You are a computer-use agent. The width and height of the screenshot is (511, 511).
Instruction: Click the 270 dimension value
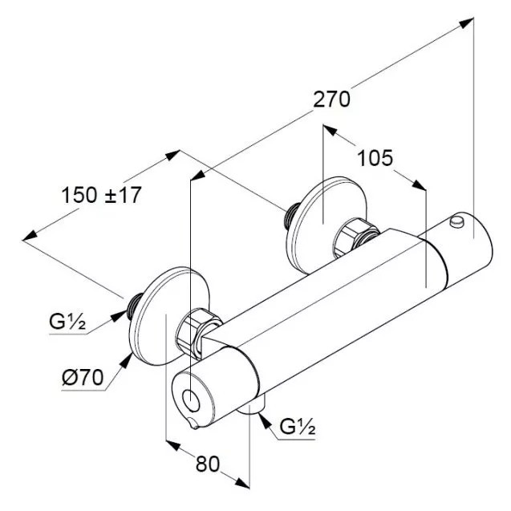tap(331, 99)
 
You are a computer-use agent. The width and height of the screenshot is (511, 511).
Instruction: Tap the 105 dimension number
tap(375, 158)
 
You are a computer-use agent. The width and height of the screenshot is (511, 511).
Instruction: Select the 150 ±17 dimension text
tap(101, 195)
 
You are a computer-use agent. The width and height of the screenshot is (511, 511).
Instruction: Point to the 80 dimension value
tap(208, 464)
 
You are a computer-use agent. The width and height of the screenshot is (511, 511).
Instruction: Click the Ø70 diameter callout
tap(83, 377)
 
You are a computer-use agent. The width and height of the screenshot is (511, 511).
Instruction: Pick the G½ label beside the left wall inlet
tap(67, 322)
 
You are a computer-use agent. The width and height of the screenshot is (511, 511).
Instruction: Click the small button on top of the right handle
tap(456, 221)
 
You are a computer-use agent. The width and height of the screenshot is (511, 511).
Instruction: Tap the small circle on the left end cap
tap(191, 400)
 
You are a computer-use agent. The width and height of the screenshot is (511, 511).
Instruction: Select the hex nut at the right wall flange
tap(355, 237)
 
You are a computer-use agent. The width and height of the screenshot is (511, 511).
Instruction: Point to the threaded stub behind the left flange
tap(134, 306)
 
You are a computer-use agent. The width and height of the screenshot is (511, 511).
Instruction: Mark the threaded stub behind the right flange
tap(293, 214)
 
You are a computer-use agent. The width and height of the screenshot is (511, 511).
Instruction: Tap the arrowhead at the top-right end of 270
tap(466, 23)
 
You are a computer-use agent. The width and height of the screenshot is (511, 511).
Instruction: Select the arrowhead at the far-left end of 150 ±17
tap(30, 235)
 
